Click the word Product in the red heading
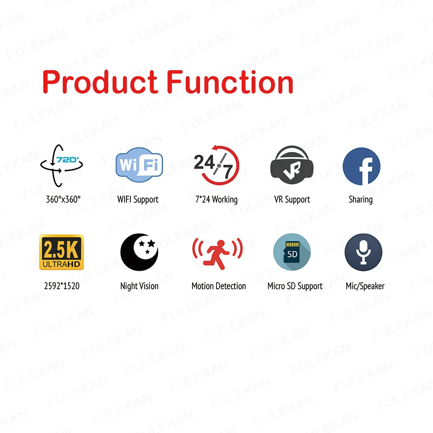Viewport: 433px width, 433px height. (100, 82)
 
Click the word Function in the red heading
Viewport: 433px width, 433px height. (230, 82)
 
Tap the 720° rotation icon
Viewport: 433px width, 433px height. (61, 165)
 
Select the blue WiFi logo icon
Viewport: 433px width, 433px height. (139, 165)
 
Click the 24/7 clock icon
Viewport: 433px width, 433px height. (216, 165)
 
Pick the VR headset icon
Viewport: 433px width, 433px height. (291, 165)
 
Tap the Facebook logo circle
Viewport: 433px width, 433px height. (362, 166)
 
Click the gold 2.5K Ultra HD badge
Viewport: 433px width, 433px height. (61, 252)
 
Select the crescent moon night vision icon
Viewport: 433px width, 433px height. (139, 252)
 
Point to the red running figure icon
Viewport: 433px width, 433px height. (218, 253)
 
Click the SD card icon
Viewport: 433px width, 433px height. (292, 252)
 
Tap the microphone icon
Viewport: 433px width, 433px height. (363, 252)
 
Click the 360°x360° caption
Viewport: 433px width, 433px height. (63, 199)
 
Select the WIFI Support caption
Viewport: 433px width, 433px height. (138, 200)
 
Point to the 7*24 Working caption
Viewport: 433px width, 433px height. (216, 200)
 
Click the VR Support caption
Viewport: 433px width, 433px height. (292, 200)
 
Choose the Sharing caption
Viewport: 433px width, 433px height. (361, 200)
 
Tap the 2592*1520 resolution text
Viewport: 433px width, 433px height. (62, 286)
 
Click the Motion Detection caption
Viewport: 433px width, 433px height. (219, 286)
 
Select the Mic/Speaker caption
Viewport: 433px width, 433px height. (365, 286)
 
